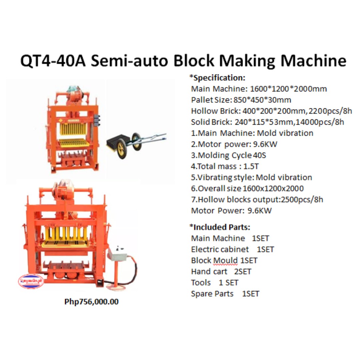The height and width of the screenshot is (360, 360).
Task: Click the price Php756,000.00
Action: [91, 302]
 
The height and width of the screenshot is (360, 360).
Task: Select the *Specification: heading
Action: [217, 78]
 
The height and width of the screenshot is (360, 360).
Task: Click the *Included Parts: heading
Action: [220, 227]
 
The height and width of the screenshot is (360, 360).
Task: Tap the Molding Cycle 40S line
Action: [229, 155]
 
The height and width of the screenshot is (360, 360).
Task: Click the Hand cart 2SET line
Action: [221, 272]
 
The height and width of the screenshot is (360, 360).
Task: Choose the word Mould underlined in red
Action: [225, 260]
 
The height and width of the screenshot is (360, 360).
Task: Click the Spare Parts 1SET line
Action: [225, 294]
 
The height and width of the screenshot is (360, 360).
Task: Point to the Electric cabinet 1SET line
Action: [232, 249]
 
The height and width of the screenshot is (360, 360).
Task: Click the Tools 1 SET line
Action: [215, 283]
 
